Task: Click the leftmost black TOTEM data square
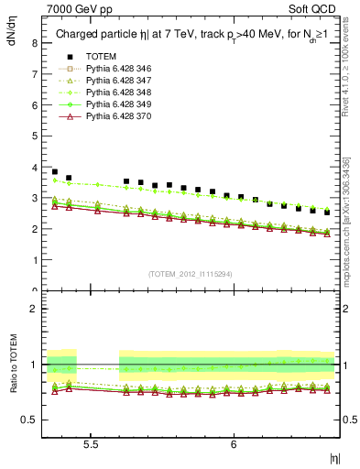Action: tap(55, 171)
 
